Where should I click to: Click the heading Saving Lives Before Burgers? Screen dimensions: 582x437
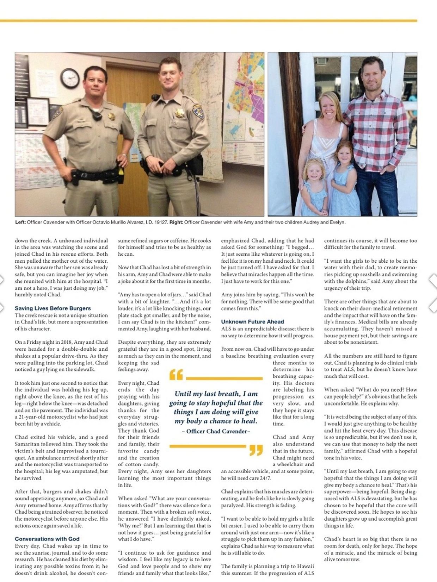coord(53,308)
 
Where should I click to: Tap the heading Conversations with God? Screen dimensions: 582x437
coord(47,539)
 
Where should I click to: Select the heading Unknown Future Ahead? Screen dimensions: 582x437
coord(252,321)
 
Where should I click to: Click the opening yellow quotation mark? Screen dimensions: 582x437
coord(176,376)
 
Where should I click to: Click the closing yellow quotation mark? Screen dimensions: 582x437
coord(256,450)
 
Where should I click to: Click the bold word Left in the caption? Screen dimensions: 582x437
coord(20,222)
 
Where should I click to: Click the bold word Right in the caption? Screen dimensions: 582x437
coord(176,222)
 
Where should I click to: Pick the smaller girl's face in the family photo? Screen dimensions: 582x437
coord(313,171)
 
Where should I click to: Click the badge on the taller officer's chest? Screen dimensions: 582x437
coord(179,113)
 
